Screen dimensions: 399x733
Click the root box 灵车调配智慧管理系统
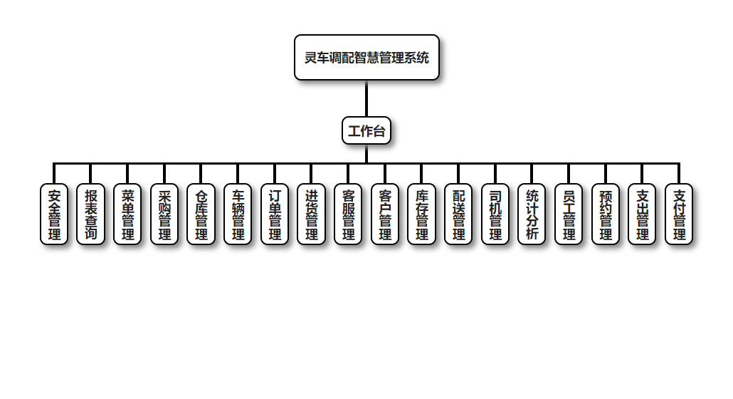click(x=366, y=58)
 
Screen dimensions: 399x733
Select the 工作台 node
click(x=366, y=130)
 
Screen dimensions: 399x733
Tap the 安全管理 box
click(x=54, y=214)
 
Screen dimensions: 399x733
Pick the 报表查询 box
click(x=90, y=214)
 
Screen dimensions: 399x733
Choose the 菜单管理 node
click(x=127, y=214)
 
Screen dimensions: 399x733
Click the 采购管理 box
click(x=164, y=214)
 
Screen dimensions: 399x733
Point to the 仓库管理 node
click(x=201, y=214)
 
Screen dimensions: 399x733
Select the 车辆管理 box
click(x=238, y=214)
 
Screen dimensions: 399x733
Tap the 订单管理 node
click(x=275, y=214)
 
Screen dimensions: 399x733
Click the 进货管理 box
click(x=311, y=214)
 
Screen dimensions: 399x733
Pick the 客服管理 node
click(x=348, y=214)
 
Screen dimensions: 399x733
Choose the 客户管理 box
click(x=385, y=214)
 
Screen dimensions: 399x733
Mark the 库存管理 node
click(x=421, y=214)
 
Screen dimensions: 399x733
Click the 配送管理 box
click(x=458, y=214)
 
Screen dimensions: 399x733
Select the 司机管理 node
click(x=495, y=214)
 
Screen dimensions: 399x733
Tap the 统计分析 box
click(x=532, y=214)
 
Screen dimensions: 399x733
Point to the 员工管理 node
click(x=569, y=214)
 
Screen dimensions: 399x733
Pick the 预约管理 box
click(x=606, y=214)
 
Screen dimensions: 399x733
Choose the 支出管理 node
click(x=642, y=214)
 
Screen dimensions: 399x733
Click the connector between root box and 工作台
click(x=366, y=98)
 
